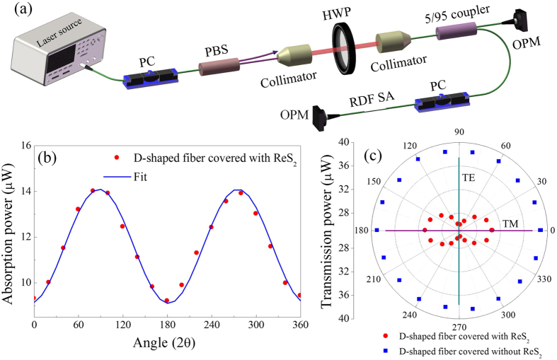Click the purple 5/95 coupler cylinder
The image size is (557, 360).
[458, 32]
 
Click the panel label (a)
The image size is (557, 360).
[13, 9]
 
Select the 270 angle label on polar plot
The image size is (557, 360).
[459, 327]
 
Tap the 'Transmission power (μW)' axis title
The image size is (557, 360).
[328, 230]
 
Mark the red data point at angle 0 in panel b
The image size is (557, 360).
[34, 298]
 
